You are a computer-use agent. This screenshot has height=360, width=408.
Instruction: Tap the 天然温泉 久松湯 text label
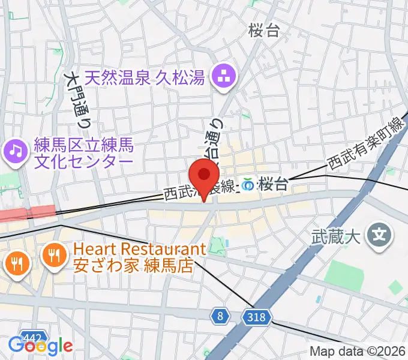coord(145,77)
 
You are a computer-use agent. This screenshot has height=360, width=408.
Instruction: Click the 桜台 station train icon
coord(248,184)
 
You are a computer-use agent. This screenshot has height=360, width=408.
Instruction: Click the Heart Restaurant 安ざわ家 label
coord(139,257)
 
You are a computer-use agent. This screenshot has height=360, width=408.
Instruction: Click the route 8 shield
coord(221,316)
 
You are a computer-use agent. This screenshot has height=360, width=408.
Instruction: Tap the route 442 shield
coord(31,337)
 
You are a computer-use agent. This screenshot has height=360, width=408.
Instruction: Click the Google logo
coord(40,345)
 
